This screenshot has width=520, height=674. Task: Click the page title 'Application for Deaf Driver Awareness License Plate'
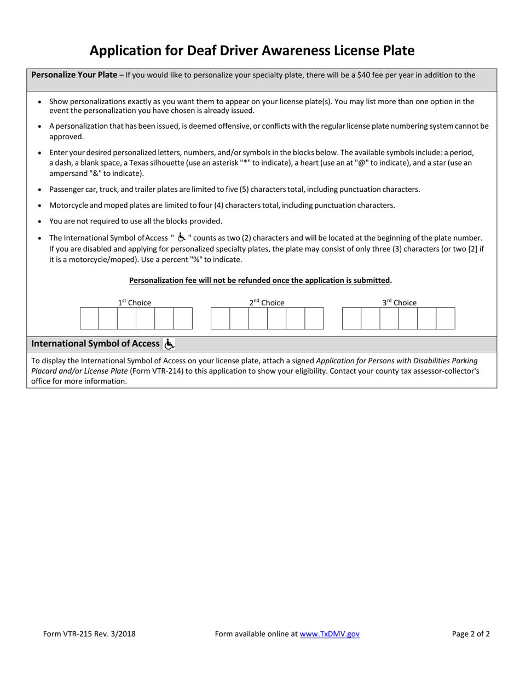point(252,50)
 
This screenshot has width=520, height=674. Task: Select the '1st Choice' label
point(135,302)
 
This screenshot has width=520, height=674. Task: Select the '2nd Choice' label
point(267,302)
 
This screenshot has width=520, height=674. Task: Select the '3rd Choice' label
point(399,302)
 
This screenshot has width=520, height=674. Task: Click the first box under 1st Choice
point(89,318)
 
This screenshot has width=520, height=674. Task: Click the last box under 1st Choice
point(183,318)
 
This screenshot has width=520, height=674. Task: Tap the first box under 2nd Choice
point(220,318)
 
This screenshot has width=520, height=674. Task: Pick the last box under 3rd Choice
point(446,318)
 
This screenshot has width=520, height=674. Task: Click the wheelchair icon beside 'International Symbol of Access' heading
point(169,344)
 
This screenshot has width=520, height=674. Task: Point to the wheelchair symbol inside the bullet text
point(181,237)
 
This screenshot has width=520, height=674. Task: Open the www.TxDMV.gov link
point(330,634)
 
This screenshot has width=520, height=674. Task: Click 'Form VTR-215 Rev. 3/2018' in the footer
point(89,634)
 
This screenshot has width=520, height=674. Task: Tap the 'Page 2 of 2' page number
point(471,634)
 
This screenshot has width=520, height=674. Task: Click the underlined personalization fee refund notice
point(260,280)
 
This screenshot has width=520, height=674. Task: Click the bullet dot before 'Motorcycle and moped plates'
point(40,205)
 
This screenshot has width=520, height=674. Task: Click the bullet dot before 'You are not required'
point(40,221)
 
